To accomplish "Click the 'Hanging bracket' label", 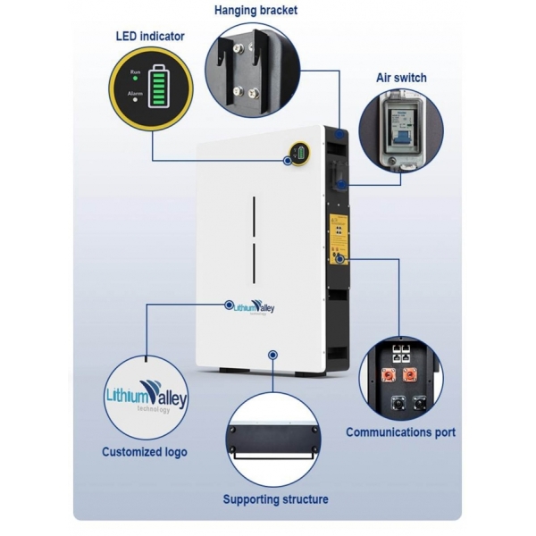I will [x=255, y=10].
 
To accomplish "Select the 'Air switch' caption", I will [x=401, y=78].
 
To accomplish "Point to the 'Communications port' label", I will [x=401, y=432].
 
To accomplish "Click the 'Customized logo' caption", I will [x=145, y=452].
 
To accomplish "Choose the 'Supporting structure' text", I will [x=275, y=499].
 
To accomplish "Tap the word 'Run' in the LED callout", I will [x=136, y=72].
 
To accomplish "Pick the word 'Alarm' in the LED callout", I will [x=136, y=92].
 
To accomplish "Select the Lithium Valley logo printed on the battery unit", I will [x=255, y=307].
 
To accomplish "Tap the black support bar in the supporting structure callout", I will [x=275, y=441].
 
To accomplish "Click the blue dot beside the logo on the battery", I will [x=230, y=305].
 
